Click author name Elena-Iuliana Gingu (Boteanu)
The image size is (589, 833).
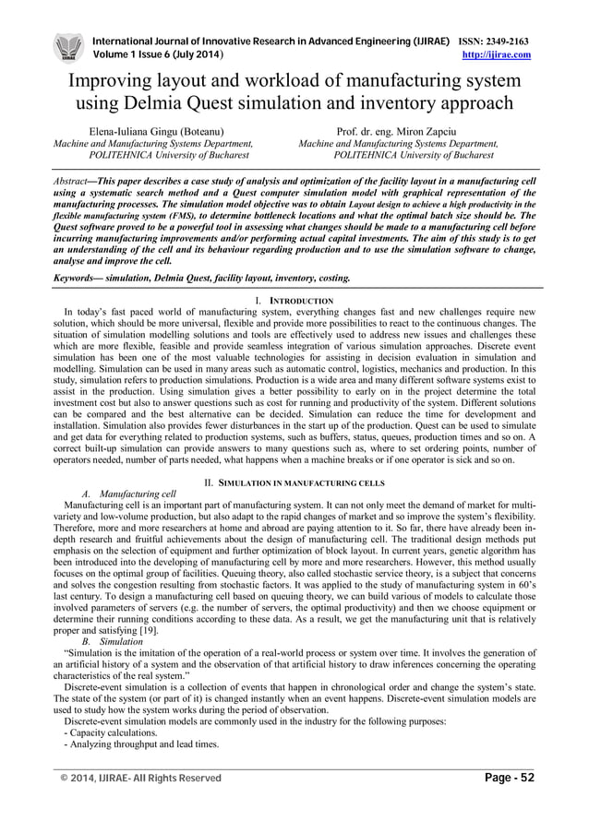click(x=156, y=131)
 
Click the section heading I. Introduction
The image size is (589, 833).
click(x=294, y=302)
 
